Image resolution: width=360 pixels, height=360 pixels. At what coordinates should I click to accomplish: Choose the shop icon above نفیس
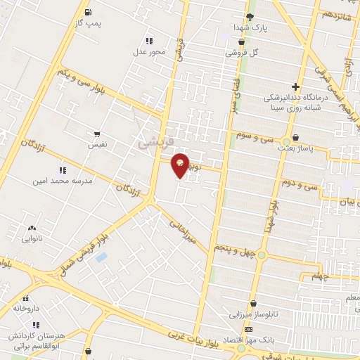96,133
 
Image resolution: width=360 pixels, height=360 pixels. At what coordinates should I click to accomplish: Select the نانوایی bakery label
31,239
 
